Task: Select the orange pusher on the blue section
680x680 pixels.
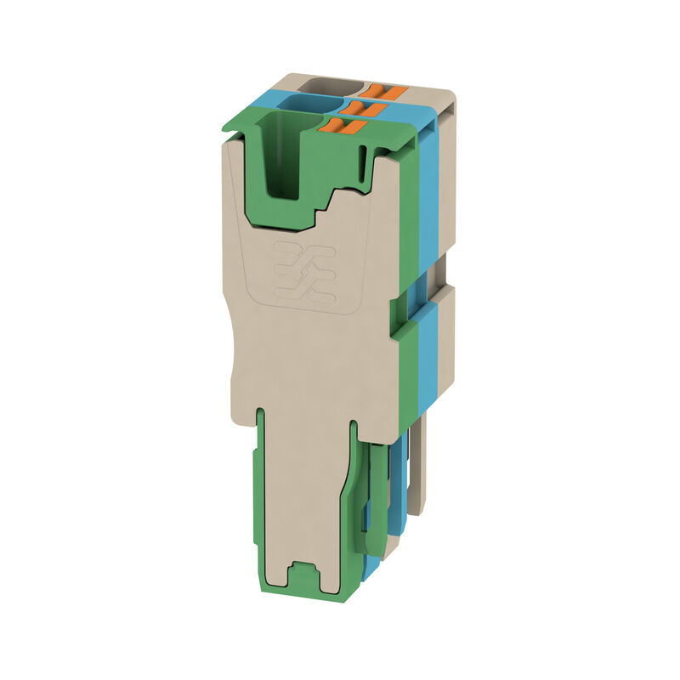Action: click(x=362, y=108)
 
